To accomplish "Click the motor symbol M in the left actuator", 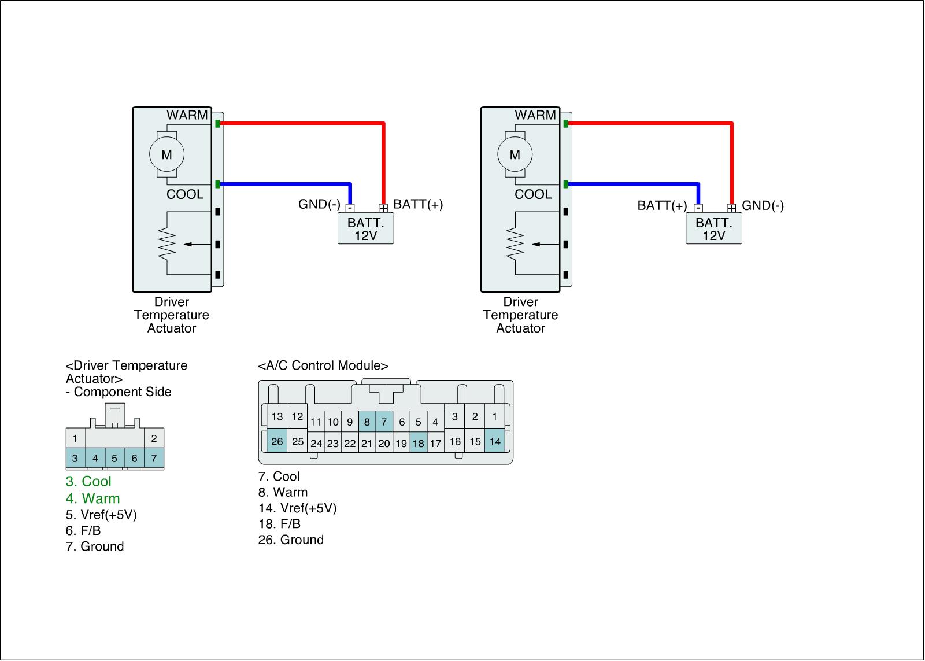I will click(166, 154).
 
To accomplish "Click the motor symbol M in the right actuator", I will click(515, 154).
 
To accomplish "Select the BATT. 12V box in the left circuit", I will click(365, 229).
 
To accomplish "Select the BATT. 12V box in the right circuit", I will click(713, 229).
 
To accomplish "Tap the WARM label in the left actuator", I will click(187, 115).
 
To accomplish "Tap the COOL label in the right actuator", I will click(533, 194).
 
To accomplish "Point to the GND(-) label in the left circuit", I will click(319, 204).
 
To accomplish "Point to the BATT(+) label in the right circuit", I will click(662, 205).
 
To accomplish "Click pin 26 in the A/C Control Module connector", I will click(277, 441).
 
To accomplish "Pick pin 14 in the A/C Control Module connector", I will click(495, 441).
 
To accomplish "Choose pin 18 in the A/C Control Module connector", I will click(419, 444).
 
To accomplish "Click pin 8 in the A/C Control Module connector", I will click(367, 422).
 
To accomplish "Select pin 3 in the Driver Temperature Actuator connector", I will click(75, 458).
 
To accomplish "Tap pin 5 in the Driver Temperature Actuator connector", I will click(114, 458).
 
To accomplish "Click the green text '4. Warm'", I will click(92, 498).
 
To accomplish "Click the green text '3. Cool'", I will click(88, 482).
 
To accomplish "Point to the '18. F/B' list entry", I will click(279, 524).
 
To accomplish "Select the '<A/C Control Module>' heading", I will click(323, 365).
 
